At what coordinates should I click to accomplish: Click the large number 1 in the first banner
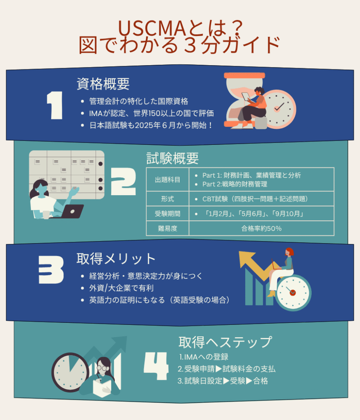click(55, 105)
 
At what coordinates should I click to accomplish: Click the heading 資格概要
click(103, 84)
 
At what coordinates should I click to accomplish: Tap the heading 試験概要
click(173, 158)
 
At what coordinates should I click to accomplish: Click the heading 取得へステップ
click(225, 342)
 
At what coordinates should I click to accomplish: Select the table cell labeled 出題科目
click(167, 179)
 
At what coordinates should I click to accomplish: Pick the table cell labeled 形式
click(167, 199)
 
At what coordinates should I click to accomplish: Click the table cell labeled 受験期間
click(167, 214)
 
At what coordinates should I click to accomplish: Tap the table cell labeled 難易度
click(167, 228)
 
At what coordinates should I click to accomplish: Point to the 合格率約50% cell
click(261, 228)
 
